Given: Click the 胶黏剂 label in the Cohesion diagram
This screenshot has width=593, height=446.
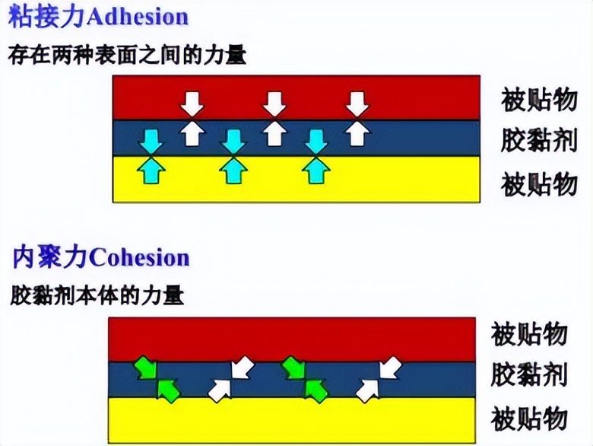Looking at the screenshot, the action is [x=529, y=374].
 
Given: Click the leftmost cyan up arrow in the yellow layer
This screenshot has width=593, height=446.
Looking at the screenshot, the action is [x=151, y=170].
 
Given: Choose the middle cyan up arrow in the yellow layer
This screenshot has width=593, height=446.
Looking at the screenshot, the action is [x=233, y=170].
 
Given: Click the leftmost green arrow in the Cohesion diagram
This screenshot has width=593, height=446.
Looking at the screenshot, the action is [x=144, y=368].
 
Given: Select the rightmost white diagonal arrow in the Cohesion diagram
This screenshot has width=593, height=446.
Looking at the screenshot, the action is [x=390, y=367].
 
